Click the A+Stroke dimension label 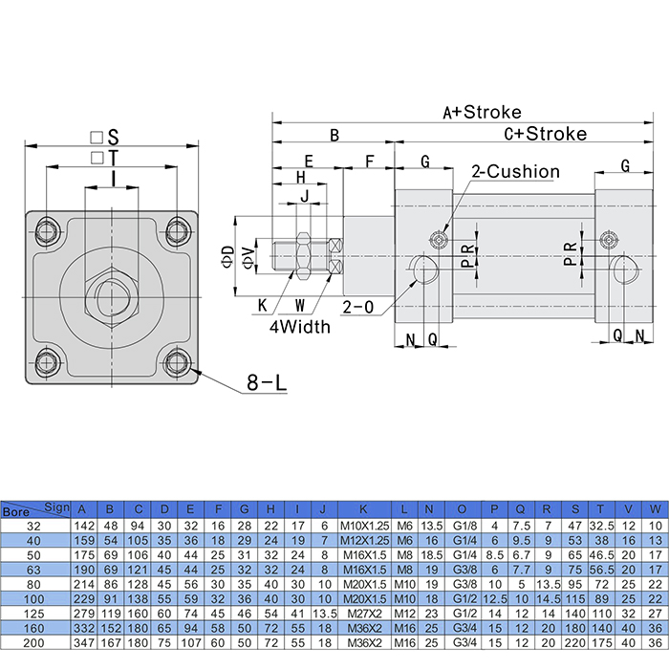pyautogui.click(x=482, y=112)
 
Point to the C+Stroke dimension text pyautogui.click(x=545, y=134)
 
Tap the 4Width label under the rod pyautogui.click(x=299, y=327)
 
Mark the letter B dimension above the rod pyautogui.click(x=334, y=136)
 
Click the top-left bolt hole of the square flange pyautogui.click(x=46, y=230)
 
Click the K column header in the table pyautogui.click(x=363, y=508)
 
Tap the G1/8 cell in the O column pyautogui.click(x=465, y=525)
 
